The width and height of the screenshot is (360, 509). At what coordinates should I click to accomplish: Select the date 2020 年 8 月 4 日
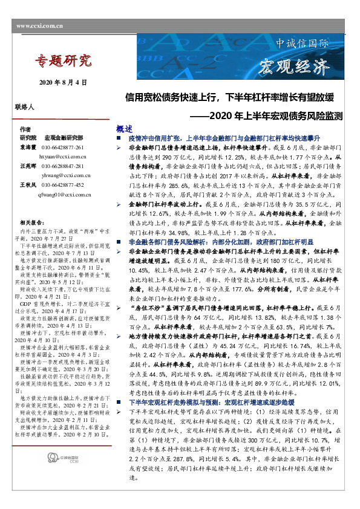63,82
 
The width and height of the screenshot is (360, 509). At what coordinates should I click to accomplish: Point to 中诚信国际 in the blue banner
302,44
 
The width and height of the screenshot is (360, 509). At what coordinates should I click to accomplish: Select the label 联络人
25,106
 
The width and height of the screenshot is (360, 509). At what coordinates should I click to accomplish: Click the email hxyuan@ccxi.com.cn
64,156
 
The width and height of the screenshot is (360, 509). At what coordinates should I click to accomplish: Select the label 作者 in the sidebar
25,130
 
